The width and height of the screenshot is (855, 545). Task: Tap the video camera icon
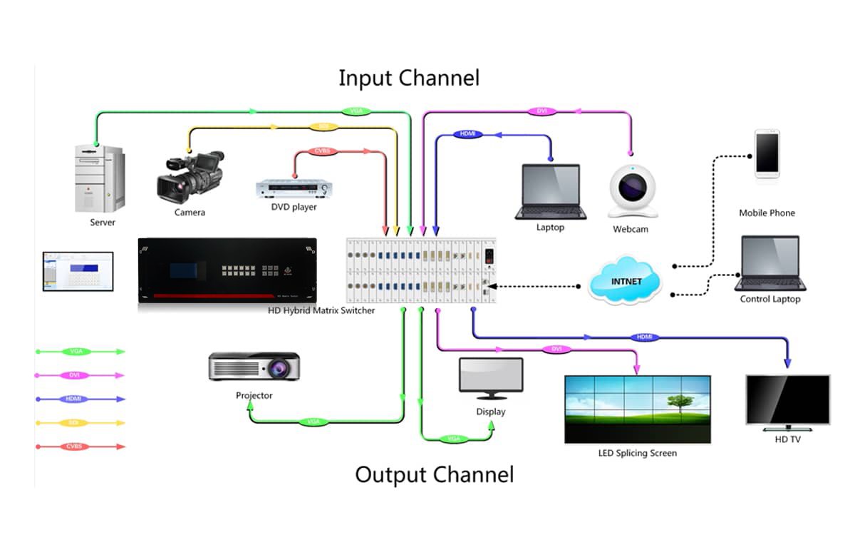coord(190,175)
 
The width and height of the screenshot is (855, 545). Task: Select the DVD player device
coord(294,188)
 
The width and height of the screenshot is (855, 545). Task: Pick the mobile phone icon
coord(767,153)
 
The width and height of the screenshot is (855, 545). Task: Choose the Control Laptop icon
coord(770,263)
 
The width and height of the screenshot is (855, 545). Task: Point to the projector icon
coord(254,366)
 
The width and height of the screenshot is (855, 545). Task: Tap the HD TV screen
coord(787,401)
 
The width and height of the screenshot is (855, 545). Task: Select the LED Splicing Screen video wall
coord(637,409)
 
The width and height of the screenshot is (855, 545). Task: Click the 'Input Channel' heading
coord(409,78)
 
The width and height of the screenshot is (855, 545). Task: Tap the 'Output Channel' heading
coord(435,474)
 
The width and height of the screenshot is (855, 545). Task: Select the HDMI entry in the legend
coord(74,399)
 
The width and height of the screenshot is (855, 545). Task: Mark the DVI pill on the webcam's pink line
coord(540,111)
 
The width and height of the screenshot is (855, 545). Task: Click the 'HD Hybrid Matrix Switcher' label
coord(321,311)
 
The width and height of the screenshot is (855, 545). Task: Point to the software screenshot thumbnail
coord(78,271)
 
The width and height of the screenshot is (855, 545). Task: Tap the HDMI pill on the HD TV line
coord(644,337)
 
